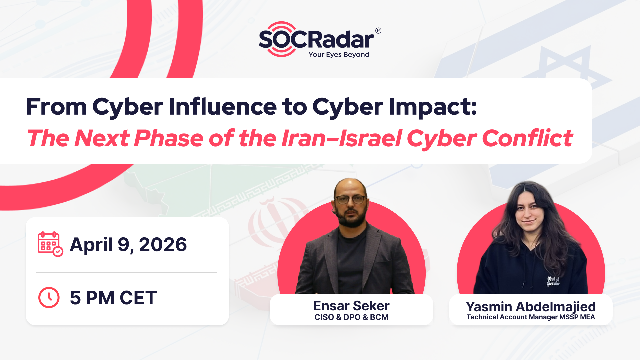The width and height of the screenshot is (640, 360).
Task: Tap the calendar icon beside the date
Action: click(x=50, y=244)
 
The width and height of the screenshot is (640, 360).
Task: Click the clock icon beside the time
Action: click(x=49, y=297)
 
